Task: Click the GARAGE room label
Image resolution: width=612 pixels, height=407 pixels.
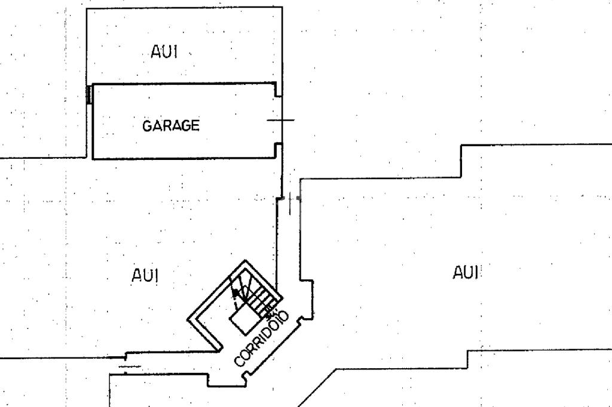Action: (171, 126)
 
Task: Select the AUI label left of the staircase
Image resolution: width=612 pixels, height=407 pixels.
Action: (145, 275)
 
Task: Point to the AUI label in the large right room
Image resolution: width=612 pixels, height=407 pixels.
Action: (467, 273)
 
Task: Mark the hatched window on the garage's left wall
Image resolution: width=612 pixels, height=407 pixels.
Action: (89, 94)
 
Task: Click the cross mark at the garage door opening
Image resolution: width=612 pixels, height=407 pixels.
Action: (281, 120)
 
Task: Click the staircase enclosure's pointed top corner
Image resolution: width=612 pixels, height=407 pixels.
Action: (244, 261)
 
